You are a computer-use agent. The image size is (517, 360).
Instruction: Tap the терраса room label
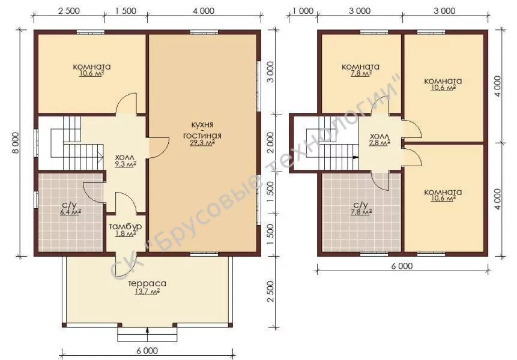147,284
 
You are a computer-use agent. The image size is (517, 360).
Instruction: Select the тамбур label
125,227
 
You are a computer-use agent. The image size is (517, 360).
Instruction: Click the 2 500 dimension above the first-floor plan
69,11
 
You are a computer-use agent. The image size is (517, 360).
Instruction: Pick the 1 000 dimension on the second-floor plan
303,11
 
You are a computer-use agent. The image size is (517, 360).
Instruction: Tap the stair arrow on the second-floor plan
355,157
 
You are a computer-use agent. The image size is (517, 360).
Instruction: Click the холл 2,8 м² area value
380,143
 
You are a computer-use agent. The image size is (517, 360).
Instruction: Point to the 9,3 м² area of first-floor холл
125,164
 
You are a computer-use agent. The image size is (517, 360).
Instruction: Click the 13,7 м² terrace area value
147,292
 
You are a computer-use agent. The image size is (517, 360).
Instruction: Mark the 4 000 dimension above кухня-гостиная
204,11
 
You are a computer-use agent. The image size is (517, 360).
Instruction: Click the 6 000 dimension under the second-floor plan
402,265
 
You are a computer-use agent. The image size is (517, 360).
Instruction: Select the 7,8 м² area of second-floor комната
361,73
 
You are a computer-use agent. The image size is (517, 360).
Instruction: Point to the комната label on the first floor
92,67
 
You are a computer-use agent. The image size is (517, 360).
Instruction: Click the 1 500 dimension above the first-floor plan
125,11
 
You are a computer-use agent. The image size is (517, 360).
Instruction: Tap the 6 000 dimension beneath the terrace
147,350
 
